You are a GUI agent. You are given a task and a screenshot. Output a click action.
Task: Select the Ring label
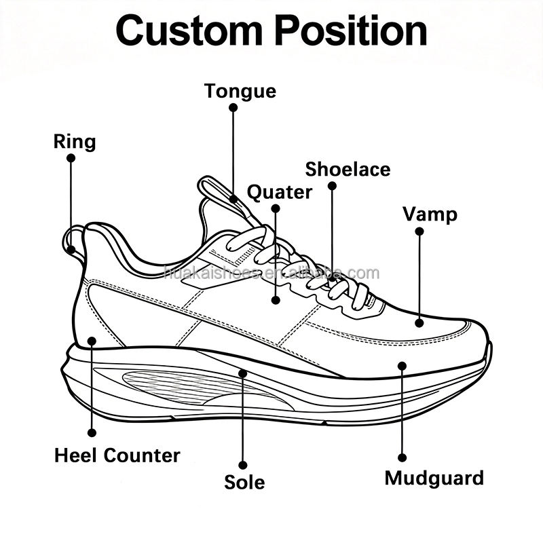75,142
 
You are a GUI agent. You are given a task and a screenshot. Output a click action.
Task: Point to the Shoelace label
348,169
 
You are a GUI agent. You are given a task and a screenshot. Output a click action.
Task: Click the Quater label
280,192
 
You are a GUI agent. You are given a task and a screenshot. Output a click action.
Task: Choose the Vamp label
430,214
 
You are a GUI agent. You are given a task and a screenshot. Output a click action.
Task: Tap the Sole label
244,482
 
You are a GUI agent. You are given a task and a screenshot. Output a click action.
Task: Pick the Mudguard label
434,479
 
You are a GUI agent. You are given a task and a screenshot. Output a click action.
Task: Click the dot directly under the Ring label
71,158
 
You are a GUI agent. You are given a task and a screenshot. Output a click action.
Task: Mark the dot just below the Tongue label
233,108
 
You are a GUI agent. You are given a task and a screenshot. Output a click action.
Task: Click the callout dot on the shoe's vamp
419,323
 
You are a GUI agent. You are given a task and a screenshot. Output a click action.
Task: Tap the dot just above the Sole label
243,465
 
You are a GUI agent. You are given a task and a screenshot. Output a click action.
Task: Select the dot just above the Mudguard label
402,457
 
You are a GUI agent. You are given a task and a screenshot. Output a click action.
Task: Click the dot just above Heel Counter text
92,432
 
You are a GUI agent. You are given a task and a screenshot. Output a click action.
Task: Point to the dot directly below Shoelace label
332,186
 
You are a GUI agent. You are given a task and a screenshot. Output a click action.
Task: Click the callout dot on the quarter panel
276,300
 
